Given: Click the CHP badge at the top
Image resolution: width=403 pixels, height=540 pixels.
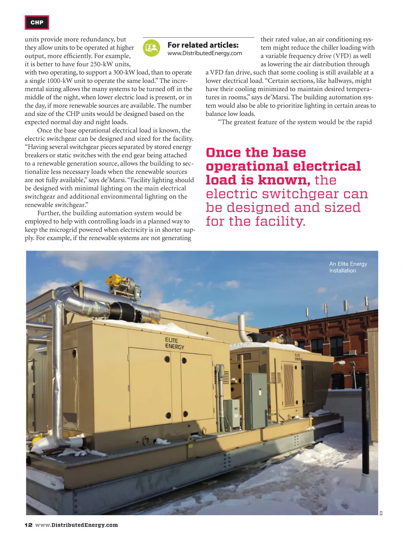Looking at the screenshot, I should click(37, 22).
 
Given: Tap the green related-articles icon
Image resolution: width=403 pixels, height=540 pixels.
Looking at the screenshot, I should click(152, 48).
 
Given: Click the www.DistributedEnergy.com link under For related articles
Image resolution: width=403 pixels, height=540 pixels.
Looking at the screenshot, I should click(205, 53).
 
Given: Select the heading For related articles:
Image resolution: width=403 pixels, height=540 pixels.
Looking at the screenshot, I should click(203, 45).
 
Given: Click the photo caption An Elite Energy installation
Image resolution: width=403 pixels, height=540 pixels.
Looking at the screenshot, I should click(348, 267).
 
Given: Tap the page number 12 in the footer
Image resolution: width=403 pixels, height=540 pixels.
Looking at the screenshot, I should click(28, 525).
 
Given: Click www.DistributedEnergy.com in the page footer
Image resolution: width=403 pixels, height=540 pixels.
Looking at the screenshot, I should click(76, 525).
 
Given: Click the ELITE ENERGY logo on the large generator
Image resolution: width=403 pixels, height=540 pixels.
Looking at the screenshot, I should click(174, 343).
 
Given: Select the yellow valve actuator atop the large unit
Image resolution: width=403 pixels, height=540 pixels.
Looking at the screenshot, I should click(114, 280).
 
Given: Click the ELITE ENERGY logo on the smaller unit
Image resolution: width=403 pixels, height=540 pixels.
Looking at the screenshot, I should click(299, 357).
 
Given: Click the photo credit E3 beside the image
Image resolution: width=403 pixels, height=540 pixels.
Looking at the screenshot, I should click(381, 512).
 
